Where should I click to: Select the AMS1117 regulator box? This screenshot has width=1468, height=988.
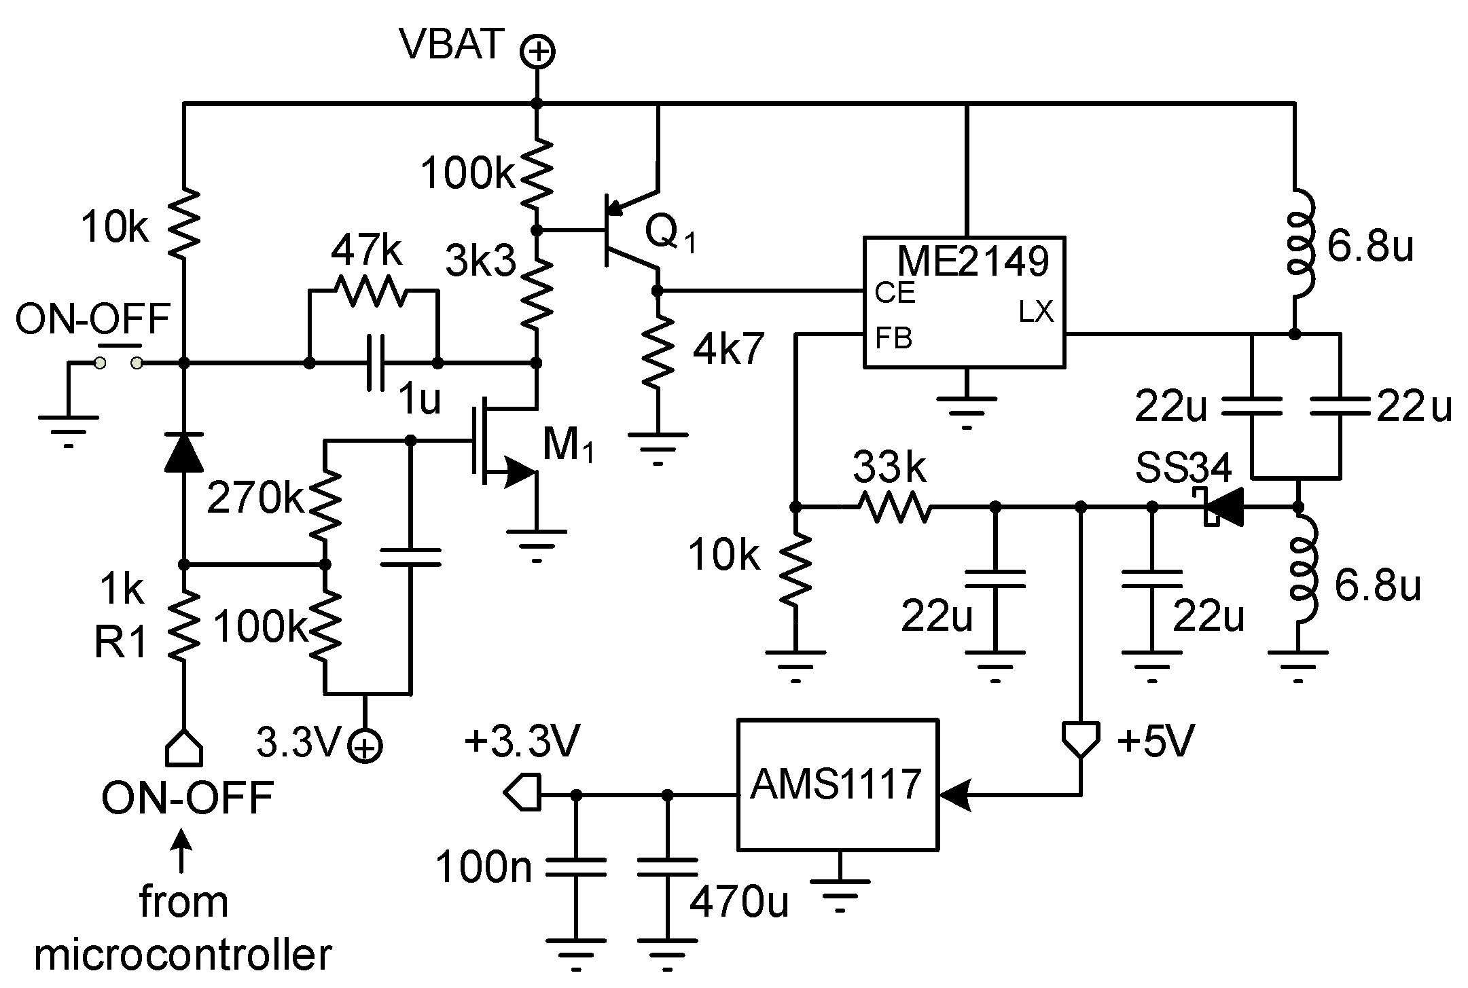pyautogui.click(x=837, y=785)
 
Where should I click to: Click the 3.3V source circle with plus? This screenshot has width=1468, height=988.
pyautogui.click(x=365, y=746)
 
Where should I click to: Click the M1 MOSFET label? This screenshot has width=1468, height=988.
pyautogui.click(x=568, y=445)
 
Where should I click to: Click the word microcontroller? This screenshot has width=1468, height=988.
pyautogui.click(x=183, y=954)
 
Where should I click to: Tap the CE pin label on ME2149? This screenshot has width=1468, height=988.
pyautogui.click(x=895, y=292)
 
